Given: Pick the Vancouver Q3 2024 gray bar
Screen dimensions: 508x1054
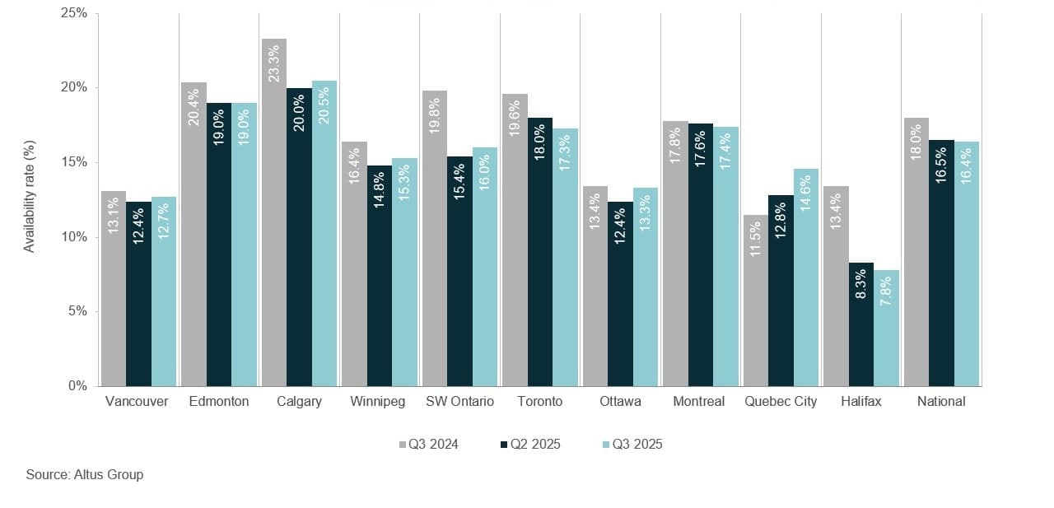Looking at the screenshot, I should (114, 288).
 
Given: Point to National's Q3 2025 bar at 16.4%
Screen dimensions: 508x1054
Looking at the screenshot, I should (967, 263).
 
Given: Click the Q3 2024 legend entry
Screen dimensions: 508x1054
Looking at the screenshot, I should (429, 445).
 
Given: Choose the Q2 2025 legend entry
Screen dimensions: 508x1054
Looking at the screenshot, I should (531, 445).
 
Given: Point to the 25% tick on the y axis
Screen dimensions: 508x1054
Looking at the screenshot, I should (74, 14).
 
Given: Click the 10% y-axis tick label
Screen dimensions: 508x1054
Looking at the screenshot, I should (74, 237).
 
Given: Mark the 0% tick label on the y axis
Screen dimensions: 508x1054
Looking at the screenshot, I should (77, 385).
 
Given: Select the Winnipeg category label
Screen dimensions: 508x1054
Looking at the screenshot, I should (377, 402).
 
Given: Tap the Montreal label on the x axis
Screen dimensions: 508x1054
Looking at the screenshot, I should (698, 402).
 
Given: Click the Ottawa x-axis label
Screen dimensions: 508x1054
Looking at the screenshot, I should (619, 402).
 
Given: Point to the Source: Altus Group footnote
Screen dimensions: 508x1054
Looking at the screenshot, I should (85, 474).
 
